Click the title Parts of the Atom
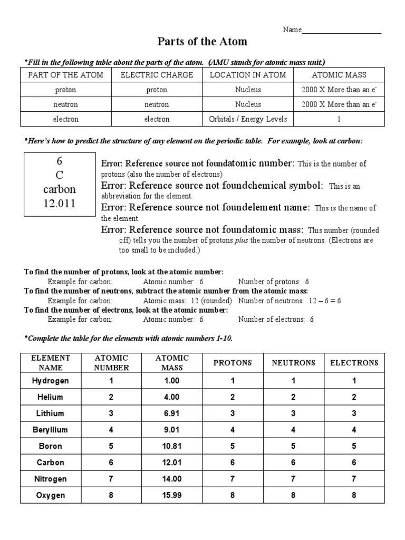[202, 42]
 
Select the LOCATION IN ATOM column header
[248, 75]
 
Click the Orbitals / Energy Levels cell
[248, 119]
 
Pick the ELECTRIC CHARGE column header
[157, 75]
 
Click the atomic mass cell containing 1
[339, 119]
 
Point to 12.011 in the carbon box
[59, 204]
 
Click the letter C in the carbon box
[59, 175]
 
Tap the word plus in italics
[242, 240]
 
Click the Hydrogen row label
[51, 381]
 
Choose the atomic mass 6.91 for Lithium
[172, 413]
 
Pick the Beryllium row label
[51, 430]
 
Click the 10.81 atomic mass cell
[172, 446]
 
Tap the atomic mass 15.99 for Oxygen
[172, 495]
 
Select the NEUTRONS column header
[294, 363]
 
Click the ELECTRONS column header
[354, 363]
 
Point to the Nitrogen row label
[51, 479]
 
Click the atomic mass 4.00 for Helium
[172, 397]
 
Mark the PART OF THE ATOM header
[65, 75]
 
